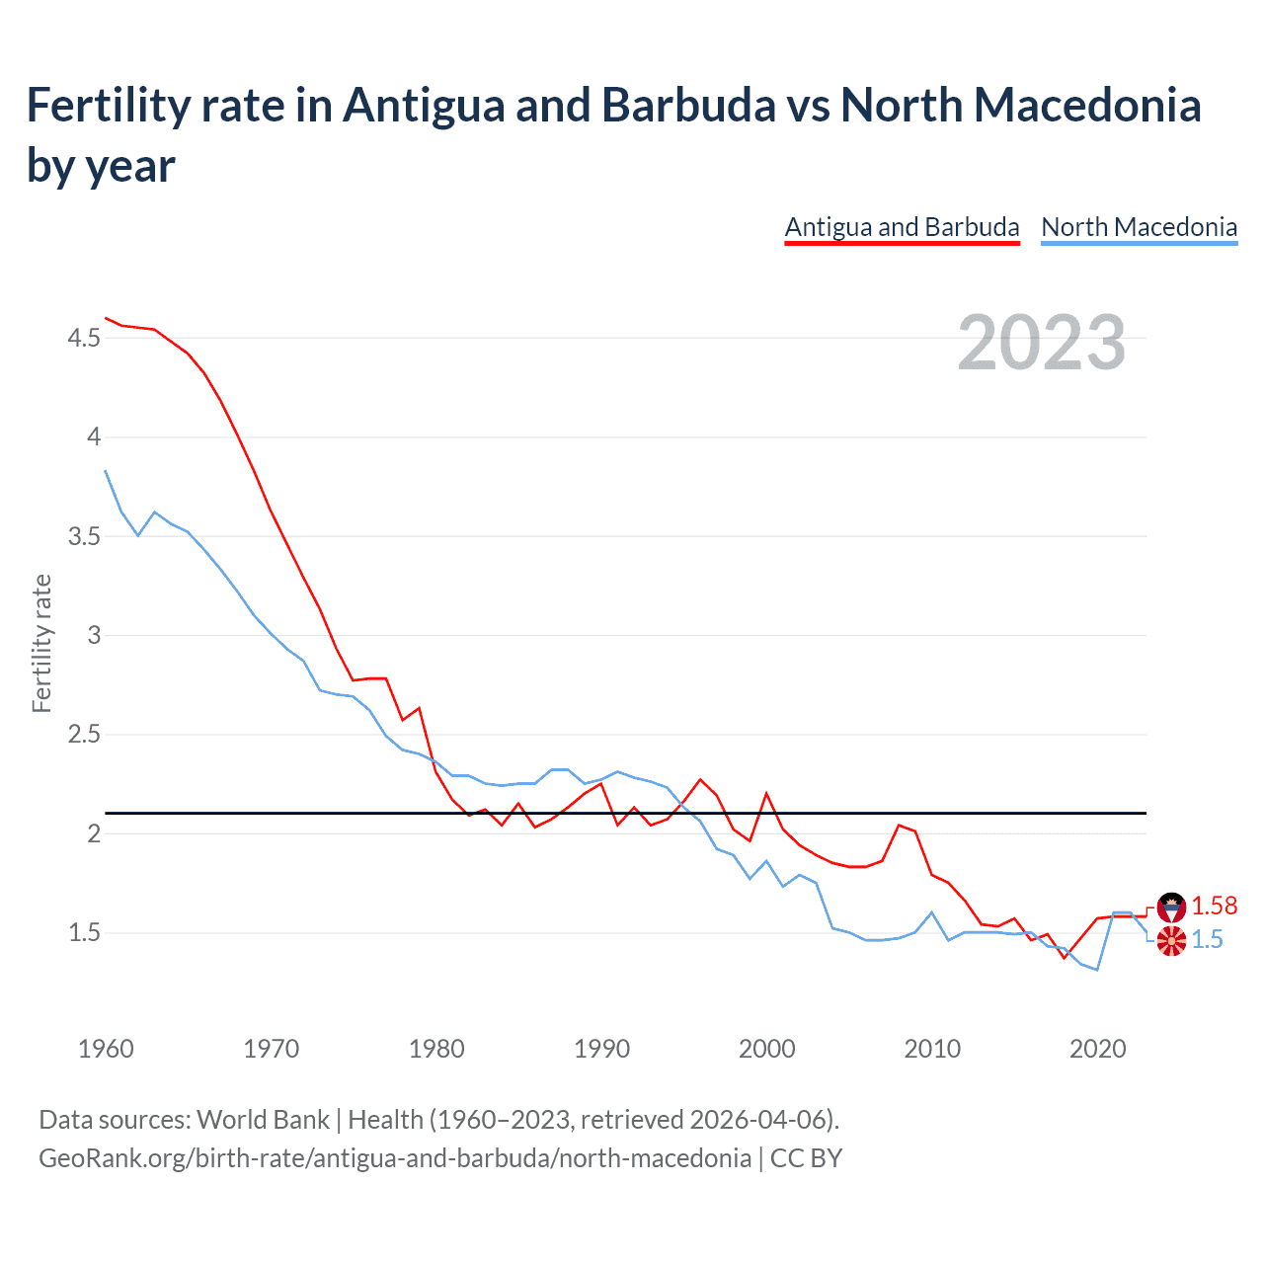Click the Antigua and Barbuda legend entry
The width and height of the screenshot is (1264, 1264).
pos(902,227)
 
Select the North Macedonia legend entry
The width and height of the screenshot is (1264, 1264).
pos(1139,227)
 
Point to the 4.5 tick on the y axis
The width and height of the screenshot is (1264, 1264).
pos(84,339)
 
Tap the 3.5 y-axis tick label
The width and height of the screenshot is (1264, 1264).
pos(84,536)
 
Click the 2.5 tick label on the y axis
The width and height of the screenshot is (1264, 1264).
pos(84,735)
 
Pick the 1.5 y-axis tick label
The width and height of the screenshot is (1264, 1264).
pos(84,933)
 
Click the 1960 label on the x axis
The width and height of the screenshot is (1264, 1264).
pos(106,1049)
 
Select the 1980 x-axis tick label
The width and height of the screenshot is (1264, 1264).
pos(436,1049)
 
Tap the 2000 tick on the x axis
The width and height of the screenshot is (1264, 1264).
pos(766,1049)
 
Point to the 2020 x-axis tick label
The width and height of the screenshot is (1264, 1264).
pos(1097,1049)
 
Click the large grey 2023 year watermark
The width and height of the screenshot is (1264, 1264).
pos(1041,343)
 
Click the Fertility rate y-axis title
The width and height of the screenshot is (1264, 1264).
pos(41,643)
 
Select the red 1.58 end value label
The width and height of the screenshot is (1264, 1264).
pos(1214,906)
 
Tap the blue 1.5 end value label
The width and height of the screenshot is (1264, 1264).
pos(1207,940)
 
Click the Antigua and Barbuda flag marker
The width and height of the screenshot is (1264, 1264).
pos(1171,906)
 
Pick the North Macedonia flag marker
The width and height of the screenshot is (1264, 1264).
pos(1171,941)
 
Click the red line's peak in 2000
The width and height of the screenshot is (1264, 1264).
pos(766,793)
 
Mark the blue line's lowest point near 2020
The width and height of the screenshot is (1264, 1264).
pos(1097,970)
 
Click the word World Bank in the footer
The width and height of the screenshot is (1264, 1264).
pos(263,1120)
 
